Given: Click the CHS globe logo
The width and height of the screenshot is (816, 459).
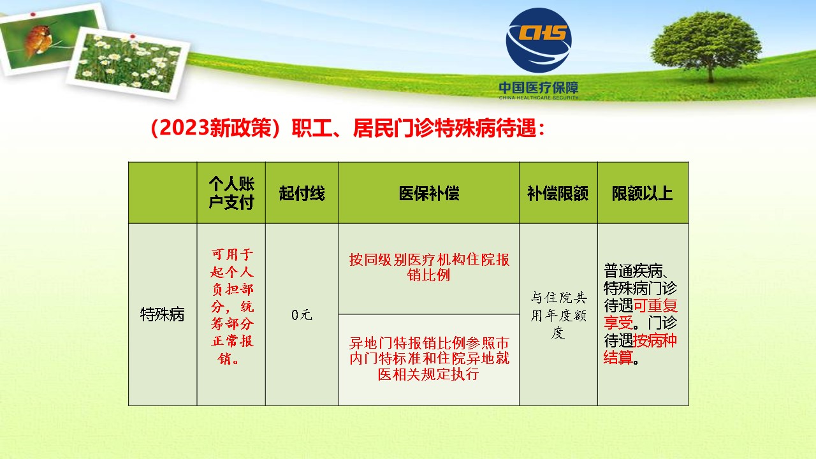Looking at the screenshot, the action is coord(539,40).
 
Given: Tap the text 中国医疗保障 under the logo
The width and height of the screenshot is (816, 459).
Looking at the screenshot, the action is coord(539,87).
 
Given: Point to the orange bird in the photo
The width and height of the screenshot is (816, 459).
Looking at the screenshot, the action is coord(38,40).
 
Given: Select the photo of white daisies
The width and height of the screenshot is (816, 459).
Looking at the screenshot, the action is coord(128,63).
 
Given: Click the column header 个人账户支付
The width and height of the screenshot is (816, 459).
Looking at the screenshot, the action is coord(231,193).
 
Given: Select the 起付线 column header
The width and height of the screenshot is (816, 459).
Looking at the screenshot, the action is coord(302,193).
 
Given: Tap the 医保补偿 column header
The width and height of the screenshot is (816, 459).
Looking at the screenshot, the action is coord(429,193).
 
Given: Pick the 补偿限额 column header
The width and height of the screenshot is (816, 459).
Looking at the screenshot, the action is coord(558,193).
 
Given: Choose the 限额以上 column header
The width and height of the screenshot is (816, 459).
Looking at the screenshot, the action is coord(642,193).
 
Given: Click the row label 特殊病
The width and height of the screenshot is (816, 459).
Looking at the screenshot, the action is coord(163,314).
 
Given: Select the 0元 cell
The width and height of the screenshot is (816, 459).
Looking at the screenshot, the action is coord(302,315).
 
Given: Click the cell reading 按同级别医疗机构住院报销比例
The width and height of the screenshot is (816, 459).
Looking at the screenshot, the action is coord(429,267).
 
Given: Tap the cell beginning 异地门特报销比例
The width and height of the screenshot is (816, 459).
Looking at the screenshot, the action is coord(429,359).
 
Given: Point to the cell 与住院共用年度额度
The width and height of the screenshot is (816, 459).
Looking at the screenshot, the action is coord(558,315).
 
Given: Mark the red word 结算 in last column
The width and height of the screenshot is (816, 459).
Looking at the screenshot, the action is coord(618,358).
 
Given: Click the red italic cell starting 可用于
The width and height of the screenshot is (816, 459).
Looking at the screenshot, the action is coord(232,307).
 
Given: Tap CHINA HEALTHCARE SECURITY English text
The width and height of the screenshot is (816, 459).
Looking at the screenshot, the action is coord(539,98).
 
